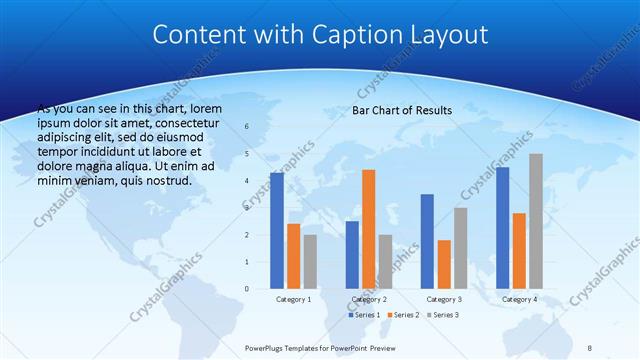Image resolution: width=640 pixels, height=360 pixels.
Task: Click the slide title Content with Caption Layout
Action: point(320,35)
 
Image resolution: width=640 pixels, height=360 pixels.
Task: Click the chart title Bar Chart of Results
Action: point(401,110)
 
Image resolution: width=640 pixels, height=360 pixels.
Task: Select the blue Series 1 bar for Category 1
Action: point(276,231)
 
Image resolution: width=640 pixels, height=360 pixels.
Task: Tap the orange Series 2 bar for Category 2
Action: point(368,229)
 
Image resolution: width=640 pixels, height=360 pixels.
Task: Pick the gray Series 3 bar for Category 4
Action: point(536,221)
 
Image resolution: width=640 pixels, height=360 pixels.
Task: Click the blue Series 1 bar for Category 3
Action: point(427,241)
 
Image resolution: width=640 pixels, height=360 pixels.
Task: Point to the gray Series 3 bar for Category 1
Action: point(310,261)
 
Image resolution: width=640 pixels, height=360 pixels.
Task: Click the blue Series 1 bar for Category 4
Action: point(502,228)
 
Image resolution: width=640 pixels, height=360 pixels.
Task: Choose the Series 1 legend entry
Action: point(366,315)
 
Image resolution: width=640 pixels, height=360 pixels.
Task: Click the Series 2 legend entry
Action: point(402,315)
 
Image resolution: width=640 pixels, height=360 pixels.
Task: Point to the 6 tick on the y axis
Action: point(246,127)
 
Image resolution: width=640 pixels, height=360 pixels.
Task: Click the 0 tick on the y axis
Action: point(246,289)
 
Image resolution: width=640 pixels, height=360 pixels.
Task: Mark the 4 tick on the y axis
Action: point(246,181)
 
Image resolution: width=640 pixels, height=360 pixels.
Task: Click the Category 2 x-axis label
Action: point(368,299)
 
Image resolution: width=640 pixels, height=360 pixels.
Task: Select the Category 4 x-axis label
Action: point(519,299)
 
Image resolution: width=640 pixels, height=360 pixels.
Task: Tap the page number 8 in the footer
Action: point(590,349)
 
